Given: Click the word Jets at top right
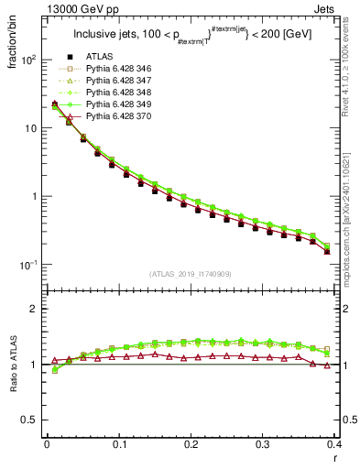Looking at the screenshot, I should (340, 8).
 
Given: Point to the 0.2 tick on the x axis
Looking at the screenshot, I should (191, 446).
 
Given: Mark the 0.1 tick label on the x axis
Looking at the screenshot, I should (119, 446).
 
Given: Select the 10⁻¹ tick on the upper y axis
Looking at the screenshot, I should (28, 265).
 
